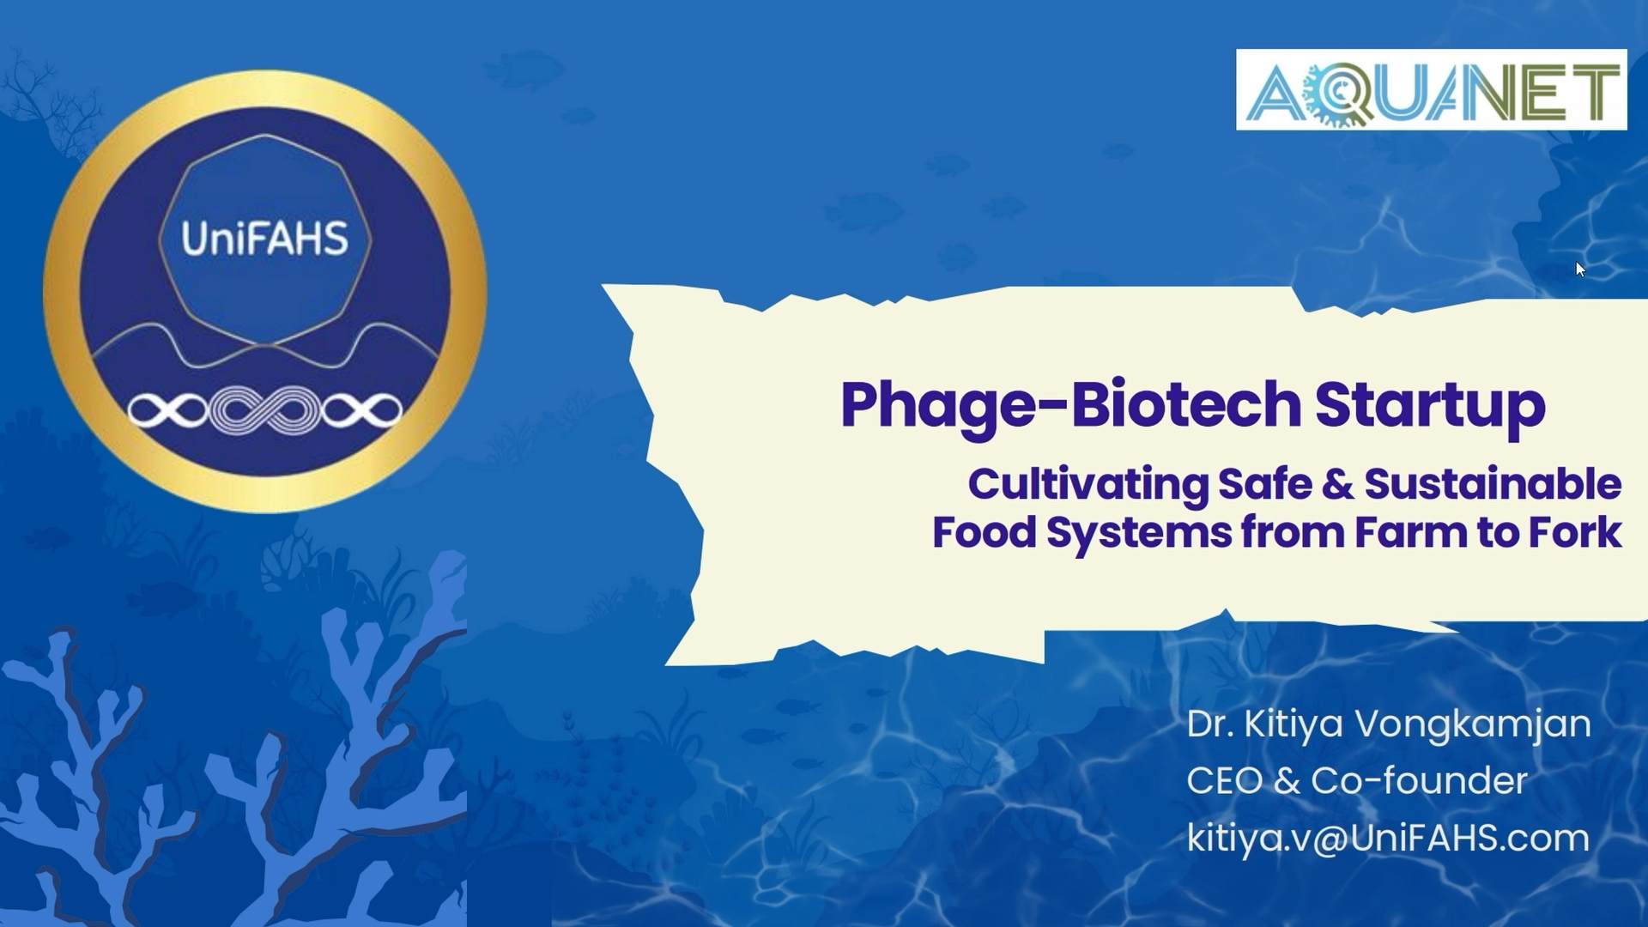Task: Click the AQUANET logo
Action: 1431,90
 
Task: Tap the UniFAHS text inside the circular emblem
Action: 264,239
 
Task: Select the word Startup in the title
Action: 1430,404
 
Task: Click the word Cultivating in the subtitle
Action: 1088,484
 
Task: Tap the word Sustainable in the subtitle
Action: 1493,484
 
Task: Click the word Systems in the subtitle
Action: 1139,534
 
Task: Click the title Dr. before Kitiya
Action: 1210,724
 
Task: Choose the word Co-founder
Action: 1419,781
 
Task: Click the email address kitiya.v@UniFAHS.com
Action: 1388,838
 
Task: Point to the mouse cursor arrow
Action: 1580,269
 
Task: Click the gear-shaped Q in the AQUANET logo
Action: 1337,93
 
